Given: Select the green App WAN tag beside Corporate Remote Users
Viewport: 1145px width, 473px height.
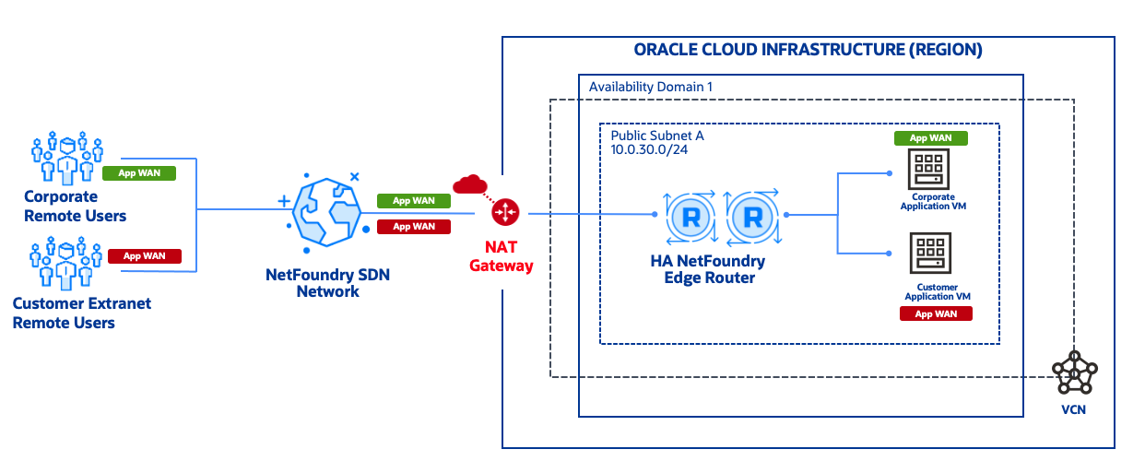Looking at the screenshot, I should pos(138,173).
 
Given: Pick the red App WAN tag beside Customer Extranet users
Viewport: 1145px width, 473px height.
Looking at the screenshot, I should pos(144,256).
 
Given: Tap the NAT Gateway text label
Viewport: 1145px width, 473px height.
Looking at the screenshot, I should pos(502,256).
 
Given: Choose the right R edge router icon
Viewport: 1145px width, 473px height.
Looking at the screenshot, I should pos(752,218).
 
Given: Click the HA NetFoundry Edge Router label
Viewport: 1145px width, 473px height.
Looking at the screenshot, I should pos(707,269).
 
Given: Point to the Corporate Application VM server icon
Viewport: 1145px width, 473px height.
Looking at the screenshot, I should pos(924,170).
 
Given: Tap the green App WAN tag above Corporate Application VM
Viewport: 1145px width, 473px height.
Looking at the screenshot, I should pos(930,138).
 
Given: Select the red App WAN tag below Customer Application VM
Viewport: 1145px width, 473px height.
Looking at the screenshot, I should pos(936,313).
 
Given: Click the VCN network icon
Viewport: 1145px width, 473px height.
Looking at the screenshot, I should pos(1073,372).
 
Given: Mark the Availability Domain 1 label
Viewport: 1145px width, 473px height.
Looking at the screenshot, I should pos(650,87).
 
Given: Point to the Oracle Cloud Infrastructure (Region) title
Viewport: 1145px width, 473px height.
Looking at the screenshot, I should pos(808,50).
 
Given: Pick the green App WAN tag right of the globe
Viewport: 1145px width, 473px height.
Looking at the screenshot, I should pos(413,201).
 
